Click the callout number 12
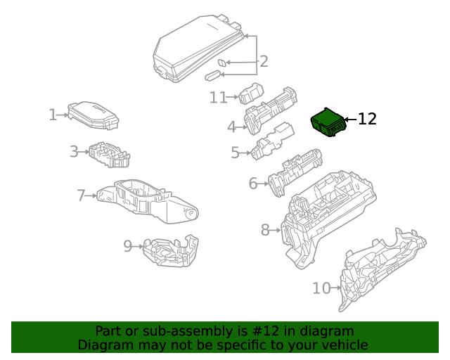[x=367, y=120]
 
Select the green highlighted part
[x=328, y=122]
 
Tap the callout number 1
[x=53, y=115]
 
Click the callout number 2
[x=263, y=62]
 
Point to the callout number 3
[x=74, y=151]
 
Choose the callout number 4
[x=231, y=127]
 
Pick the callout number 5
[x=236, y=152]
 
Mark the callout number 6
[x=253, y=184]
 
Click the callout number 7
[x=81, y=194]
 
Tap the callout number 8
[x=265, y=229]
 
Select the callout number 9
[x=128, y=246]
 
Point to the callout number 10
[x=321, y=288]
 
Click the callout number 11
[x=218, y=98]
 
